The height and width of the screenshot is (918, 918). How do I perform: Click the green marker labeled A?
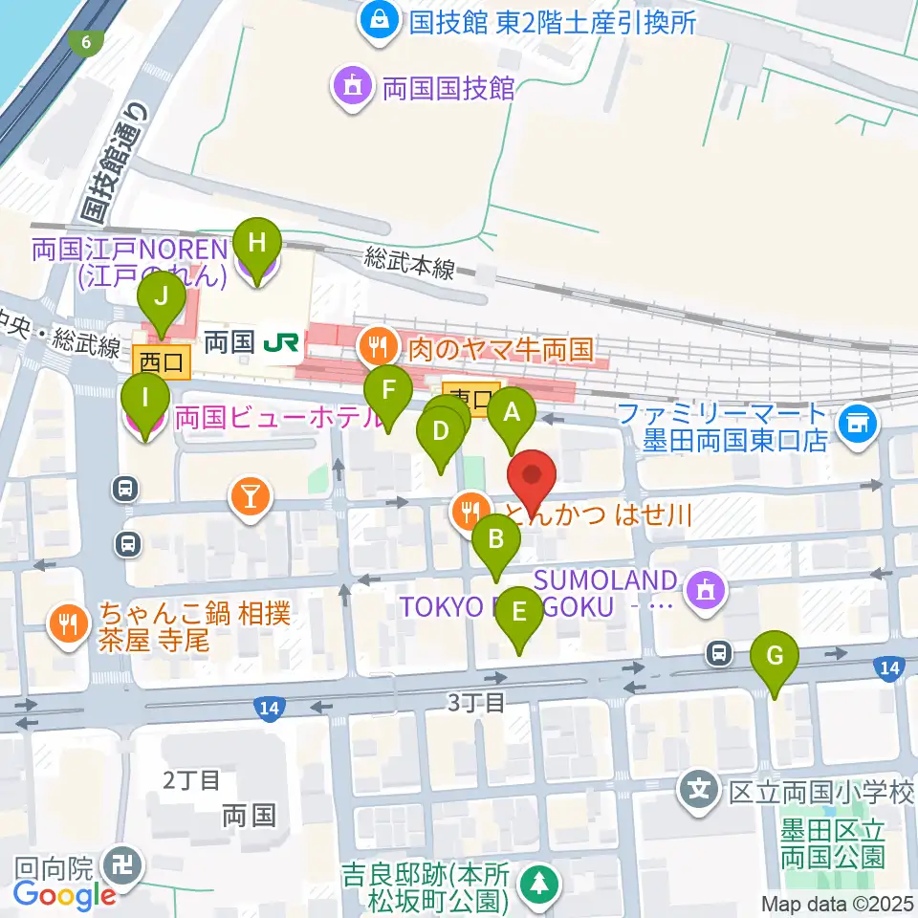coord(512,413)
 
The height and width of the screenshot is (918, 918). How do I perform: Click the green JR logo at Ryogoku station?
coord(281,339)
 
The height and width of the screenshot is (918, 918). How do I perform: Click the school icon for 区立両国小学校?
coord(700,790)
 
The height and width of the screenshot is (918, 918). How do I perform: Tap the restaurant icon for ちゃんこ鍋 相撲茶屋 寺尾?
coord(68,624)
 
